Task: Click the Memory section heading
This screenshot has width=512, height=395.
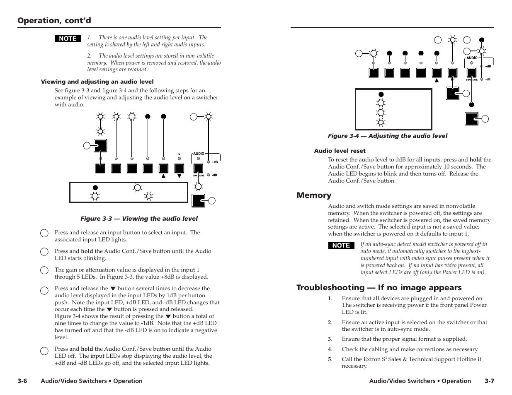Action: pos(313,195)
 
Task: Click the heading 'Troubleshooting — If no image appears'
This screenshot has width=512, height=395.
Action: pos(379,287)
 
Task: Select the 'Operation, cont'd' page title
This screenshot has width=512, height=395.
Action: pos(54,20)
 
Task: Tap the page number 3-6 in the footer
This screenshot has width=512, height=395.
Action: pos(22,381)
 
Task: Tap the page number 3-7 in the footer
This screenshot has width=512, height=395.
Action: pos(490,381)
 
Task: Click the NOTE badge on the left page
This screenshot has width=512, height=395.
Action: pos(68,39)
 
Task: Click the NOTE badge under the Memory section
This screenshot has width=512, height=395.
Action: pos(341,246)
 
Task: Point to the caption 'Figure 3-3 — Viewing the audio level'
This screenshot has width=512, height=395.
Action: pos(139,219)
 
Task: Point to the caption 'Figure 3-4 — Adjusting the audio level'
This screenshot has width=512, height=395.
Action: pos(387,136)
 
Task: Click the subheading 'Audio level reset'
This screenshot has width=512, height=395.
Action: pos(340,151)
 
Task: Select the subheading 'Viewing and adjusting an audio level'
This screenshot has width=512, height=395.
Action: pos(97,82)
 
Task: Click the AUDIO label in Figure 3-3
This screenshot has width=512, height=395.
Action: pos(198,154)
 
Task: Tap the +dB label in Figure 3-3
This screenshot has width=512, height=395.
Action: pos(215,162)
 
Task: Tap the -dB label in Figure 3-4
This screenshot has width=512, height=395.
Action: pos(488,79)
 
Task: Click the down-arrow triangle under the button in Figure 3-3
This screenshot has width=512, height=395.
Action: pos(179,176)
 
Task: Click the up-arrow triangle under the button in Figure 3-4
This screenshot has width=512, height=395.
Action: pos(437,81)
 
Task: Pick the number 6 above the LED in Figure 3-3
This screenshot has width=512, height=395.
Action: pos(179,154)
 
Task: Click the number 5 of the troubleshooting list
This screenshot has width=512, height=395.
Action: pos(330,359)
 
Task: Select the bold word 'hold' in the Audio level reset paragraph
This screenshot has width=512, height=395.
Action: pos(475,160)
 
